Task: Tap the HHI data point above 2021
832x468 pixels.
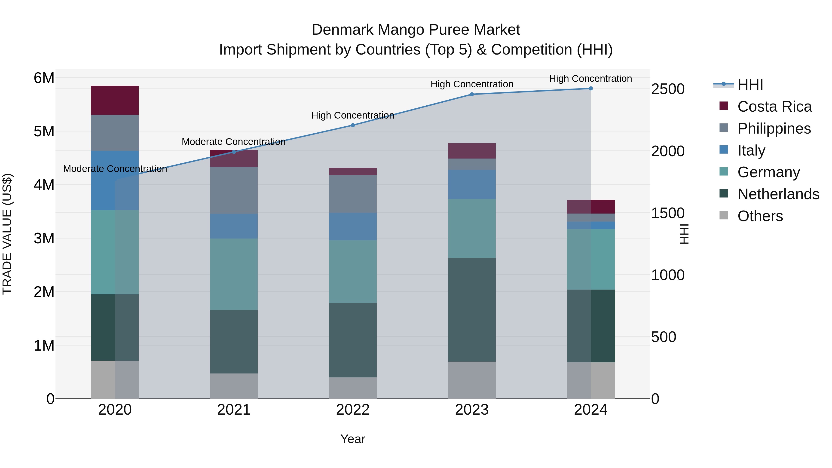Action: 234,152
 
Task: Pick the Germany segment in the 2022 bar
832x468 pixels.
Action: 353,271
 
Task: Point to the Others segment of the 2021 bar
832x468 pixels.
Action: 234,386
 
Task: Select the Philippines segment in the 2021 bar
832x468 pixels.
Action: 234,190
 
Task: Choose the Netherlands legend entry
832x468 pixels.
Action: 778,194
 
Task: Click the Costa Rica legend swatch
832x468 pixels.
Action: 724,106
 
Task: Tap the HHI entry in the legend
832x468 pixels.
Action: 750,85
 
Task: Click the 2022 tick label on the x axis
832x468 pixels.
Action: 353,410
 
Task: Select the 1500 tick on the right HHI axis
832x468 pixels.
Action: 668,213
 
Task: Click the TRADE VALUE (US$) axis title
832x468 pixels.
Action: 7,234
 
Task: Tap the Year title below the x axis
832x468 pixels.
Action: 353,439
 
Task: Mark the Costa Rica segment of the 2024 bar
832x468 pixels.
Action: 591,207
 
